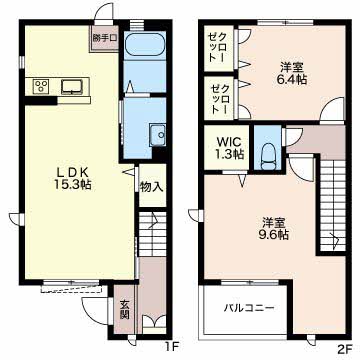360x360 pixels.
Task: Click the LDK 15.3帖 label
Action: [x=73, y=178]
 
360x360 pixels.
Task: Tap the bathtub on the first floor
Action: [x=145, y=45]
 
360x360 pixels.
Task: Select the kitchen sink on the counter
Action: [x=71, y=87]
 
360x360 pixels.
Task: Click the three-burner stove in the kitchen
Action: [x=41, y=86]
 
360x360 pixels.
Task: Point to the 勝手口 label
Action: [x=105, y=38]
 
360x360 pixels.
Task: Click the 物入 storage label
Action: [x=152, y=187]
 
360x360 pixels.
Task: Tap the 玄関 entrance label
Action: [x=125, y=310]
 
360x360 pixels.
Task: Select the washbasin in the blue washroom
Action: [x=158, y=135]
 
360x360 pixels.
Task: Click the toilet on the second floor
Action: [x=267, y=156]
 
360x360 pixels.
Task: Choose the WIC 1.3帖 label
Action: [x=230, y=148]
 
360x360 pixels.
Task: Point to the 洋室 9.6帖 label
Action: [x=273, y=228]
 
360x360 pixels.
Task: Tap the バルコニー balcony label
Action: [x=249, y=308]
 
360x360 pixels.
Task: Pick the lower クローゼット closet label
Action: [x=219, y=99]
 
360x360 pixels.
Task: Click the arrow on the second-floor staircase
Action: [x=333, y=239]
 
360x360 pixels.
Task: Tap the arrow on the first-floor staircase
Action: [x=154, y=220]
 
